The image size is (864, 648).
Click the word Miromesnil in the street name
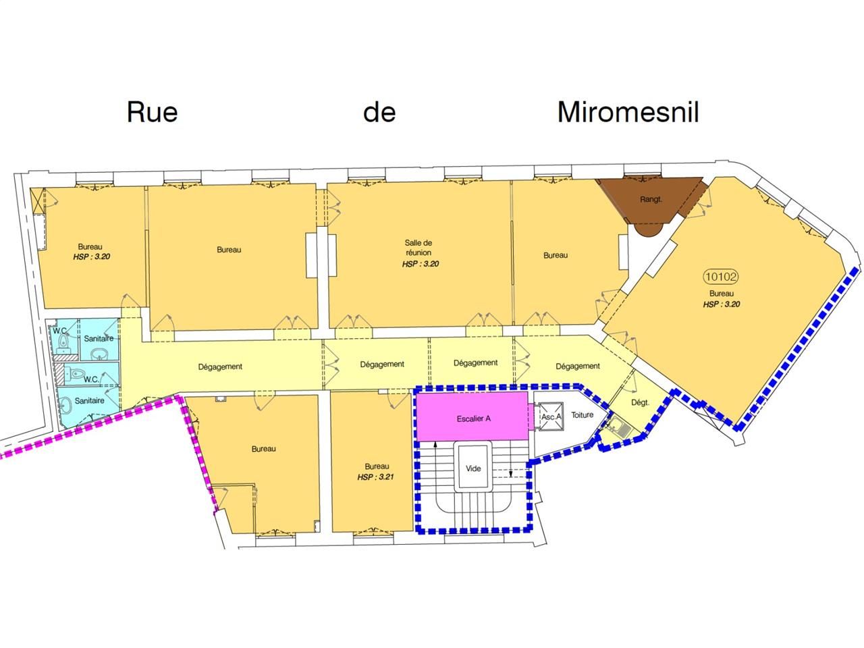click(628, 112)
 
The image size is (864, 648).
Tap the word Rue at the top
click(152, 112)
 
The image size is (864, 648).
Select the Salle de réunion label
click(418, 247)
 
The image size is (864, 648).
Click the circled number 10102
click(721, 276)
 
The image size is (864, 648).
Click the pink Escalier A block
click(473, 418)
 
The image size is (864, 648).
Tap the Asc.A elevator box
click(551, 417)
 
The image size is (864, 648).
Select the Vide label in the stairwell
click(473, 468)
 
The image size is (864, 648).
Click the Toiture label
click(582, 414)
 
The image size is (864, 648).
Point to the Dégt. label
click(640, 402)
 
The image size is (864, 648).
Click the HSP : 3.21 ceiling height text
click(377, 477)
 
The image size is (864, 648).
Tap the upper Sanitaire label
click(98, 337)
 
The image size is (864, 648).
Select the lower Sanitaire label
click(90, 400)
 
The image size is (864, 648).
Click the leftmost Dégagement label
click(220, 367)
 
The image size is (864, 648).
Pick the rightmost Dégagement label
click(578, 366)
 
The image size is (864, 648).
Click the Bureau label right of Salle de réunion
click(556, 255)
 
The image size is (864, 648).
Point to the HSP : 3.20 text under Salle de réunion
click(421, 264)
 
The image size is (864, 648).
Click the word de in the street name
click(379, 112)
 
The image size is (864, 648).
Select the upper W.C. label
click(59, 330)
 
